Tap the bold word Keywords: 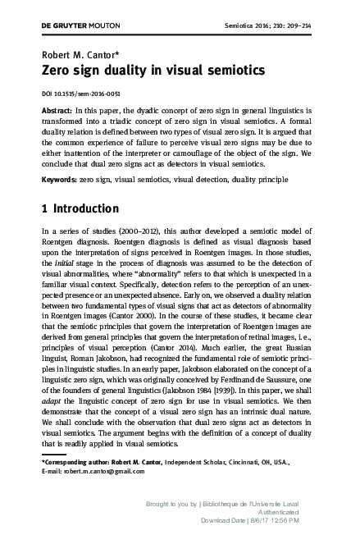pos(59,177)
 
